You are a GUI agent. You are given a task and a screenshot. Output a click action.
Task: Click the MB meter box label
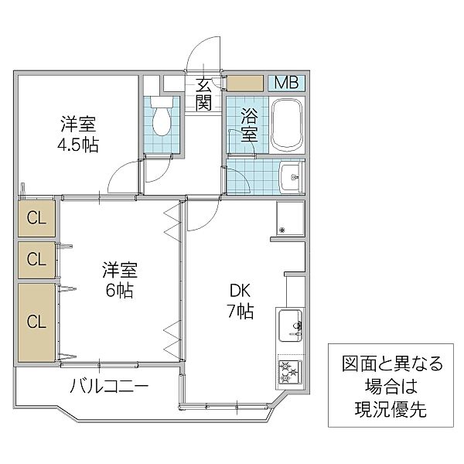pos(287,83)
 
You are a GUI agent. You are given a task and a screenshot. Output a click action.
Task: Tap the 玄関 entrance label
pos(203,93)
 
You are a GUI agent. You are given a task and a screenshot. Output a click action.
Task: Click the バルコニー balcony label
pos(110,384)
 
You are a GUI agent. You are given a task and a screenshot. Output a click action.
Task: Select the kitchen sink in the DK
pos(288,326)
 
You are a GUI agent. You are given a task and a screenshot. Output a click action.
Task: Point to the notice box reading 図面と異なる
pos(394,384)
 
